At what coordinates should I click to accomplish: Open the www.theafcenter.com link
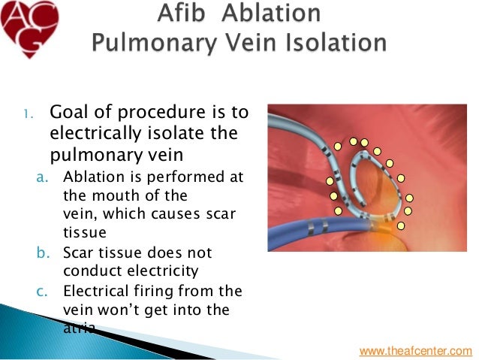[416, 350]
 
